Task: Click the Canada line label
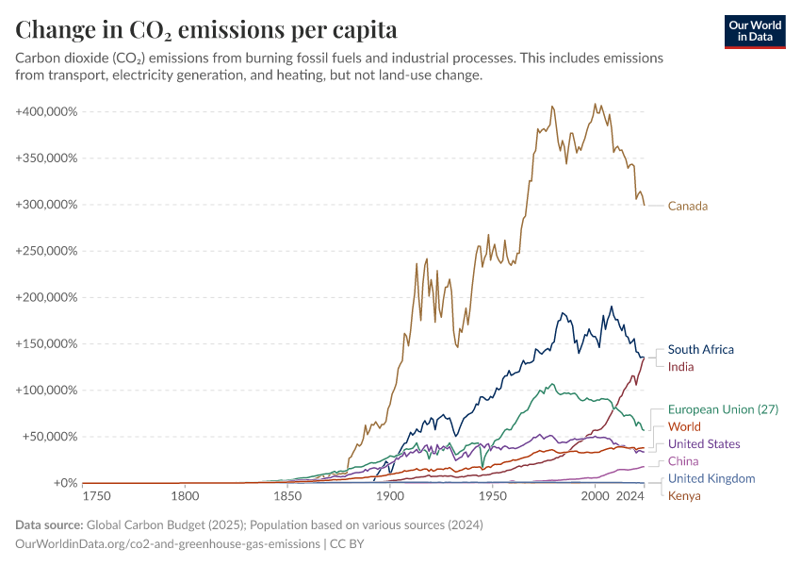pyautogui.click(x=687, y=206)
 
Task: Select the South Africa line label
pyautogui.click(x=700, y=349)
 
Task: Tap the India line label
pyautogui.click(x=682, y=366)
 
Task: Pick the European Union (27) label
pyautogui.click(x=723, y=409)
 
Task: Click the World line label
pyautogui.click(x=684, y=426)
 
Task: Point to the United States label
pyautogui.click(x=704, y=443)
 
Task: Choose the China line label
pyautogui.click(x=683, y=461)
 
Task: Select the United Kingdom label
pyautogui.click(x=711, y=478)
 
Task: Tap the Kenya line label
pyautogui.click(x=684, y=495)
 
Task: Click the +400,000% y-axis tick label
pyautogui.click(x=46, y=111)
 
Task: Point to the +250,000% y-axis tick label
pyautogui.click(x=46, y=251)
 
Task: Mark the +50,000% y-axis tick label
pyautogui.click(x=50, y=437)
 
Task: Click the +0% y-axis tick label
pyautogui.click(x=63, y=483)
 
